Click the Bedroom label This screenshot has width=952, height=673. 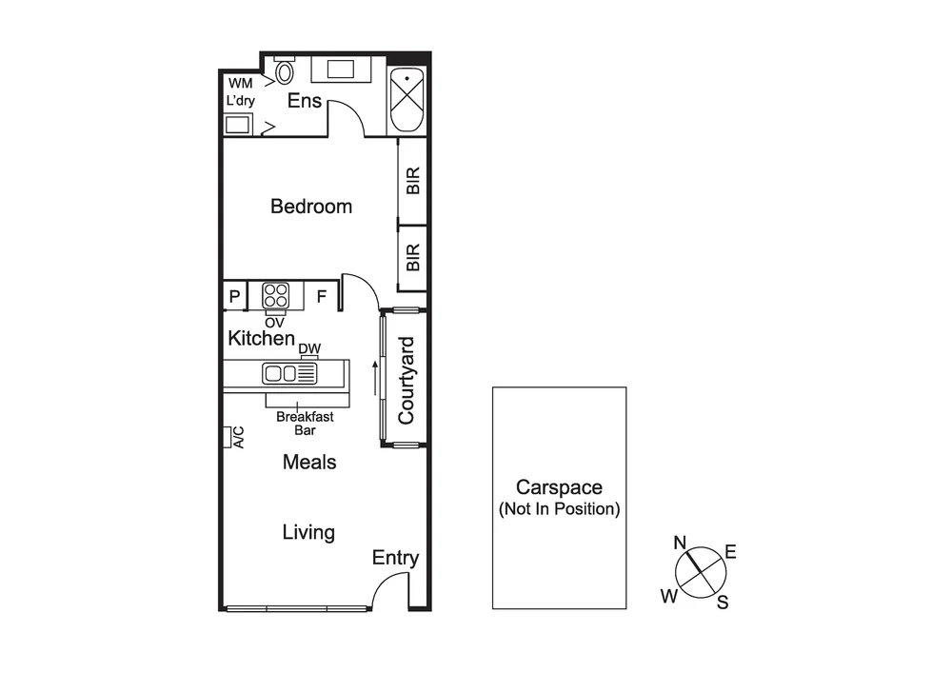[311, 207]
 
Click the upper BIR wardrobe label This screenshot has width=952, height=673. [413, 181]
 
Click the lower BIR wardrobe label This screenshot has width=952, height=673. [413, 257]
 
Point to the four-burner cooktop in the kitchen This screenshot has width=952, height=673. [276, 295]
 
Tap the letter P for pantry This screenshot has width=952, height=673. [234, 297]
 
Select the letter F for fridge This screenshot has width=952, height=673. [322, 297]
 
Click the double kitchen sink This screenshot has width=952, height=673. [288, 373]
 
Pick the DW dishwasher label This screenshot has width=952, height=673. [308, 349]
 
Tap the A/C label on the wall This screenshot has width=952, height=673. [239, 438]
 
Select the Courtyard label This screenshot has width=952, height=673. [407, 380]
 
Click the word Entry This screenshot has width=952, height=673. [395, 559]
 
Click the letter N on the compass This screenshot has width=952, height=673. [681, 544]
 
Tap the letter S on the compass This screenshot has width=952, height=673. [723, 602]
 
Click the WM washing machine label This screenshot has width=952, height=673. [240, 84]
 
